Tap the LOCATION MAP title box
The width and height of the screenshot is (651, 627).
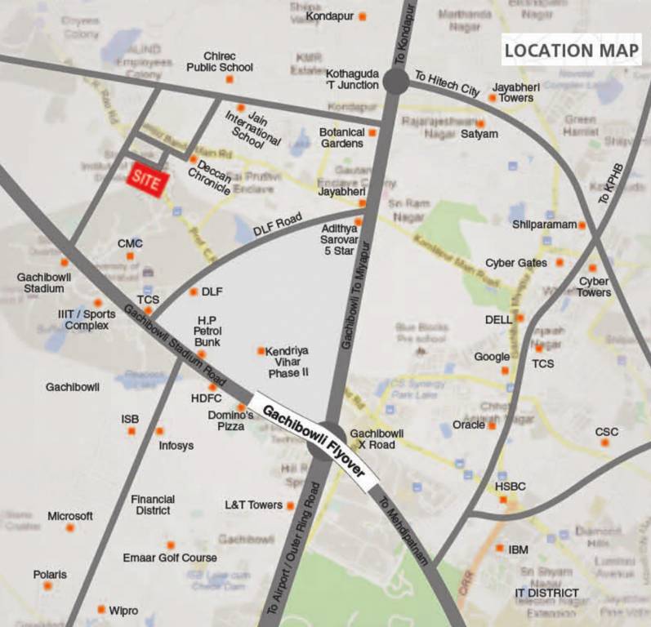[x=570, y=50]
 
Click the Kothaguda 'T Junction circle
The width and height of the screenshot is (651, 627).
[x=395, y=81]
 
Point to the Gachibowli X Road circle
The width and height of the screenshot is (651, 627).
[x=332, y=436]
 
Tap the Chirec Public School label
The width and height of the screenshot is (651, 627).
[x=220, y=61]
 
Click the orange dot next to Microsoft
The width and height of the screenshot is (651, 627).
[x=70, y=527]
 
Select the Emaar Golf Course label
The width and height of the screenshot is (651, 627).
[x=170, y=558]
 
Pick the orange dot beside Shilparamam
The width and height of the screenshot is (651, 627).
[x=582, y=225]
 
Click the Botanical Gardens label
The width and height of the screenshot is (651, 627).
[x=341, y=137]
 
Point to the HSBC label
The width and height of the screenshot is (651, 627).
[x=511, y=487]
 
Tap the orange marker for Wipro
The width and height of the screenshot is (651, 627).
[x=101, y=609]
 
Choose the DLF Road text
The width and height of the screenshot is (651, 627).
[x=278, y=225]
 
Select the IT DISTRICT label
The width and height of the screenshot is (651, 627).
[x=546, y=593]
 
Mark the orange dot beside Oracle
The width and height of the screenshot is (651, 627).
[x=492, y=425]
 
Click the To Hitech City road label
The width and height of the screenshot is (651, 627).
[x=447, y=84]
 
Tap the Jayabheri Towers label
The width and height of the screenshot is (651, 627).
[x=513, y=91]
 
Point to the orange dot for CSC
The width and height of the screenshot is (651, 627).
[x=605, y=442]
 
